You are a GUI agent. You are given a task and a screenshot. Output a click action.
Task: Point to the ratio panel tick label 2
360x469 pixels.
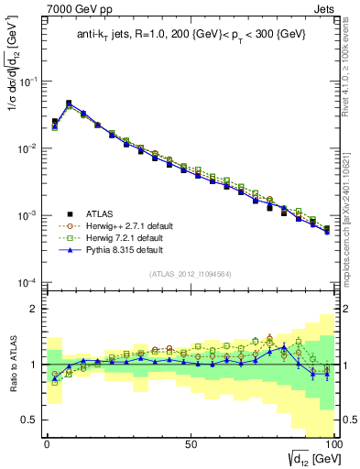[x=34, y=309]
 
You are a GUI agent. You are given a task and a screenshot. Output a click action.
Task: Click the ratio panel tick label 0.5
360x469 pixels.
[x=30, y=420]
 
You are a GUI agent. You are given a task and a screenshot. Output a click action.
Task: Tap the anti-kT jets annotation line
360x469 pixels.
[x=190, y=36]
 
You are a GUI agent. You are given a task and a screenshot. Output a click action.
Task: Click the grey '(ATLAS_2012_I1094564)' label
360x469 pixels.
[x=190, y=274]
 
